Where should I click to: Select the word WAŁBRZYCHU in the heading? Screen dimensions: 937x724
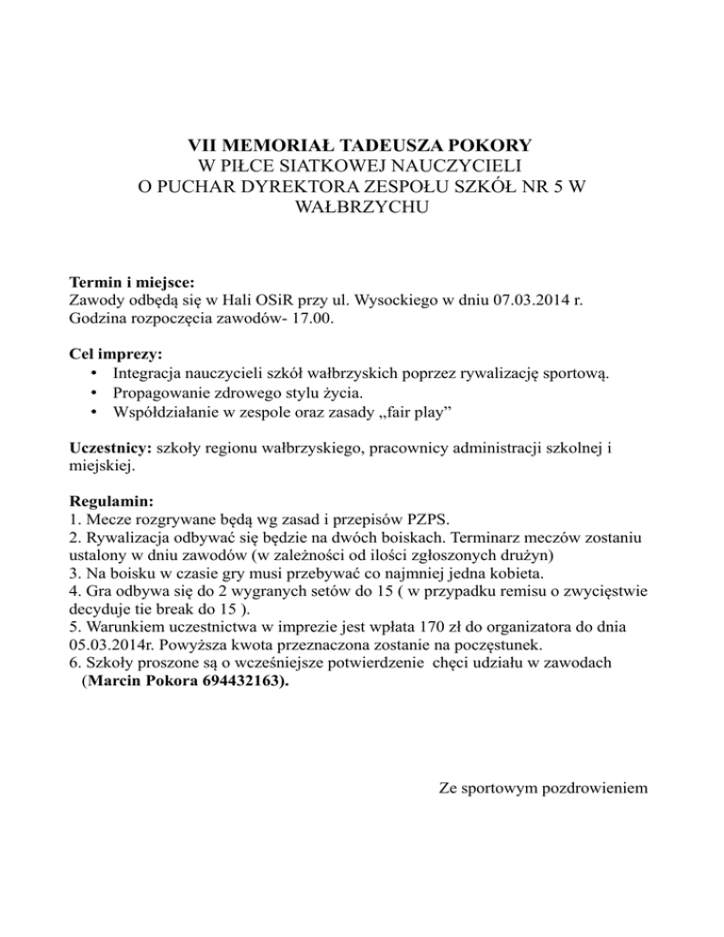click(x=362, y=207)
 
